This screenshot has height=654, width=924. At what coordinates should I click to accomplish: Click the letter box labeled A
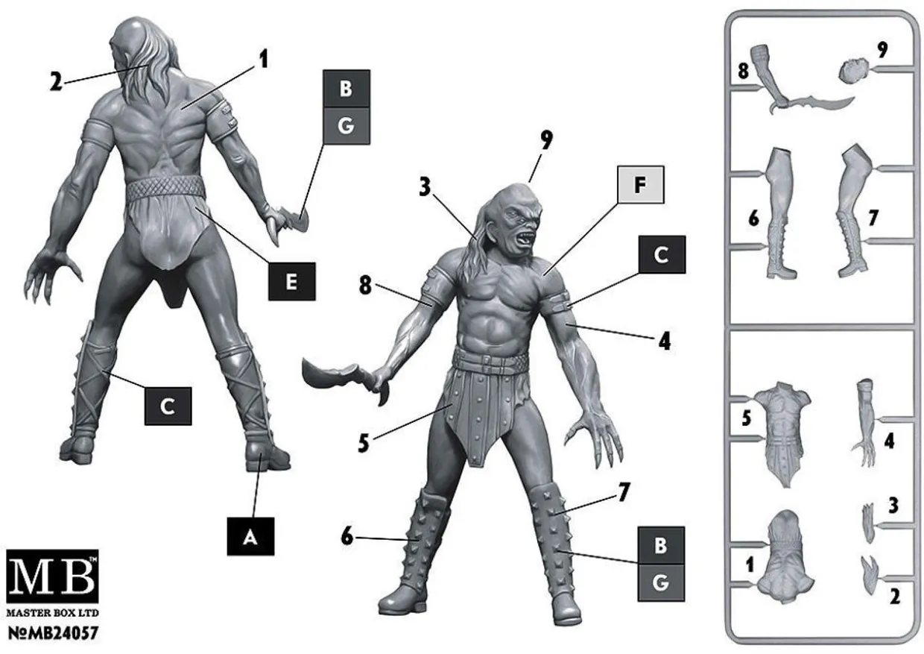(250, 536)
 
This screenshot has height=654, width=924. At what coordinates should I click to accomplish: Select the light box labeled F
(640, 184)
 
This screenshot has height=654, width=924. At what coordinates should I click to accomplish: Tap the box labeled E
(291, 282)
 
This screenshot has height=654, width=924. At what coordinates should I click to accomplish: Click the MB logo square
(52, 576)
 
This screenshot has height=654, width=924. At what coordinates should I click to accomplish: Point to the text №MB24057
(53, 633)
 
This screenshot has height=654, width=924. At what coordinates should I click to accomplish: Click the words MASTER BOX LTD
(52, 613)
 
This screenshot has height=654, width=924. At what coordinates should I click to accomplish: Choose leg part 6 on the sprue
(781, 213)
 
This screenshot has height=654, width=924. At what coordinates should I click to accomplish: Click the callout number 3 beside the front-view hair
(425, 187)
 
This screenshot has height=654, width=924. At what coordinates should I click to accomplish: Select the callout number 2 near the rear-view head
(56, 82)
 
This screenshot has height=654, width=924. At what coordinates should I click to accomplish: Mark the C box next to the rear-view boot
(168, 406)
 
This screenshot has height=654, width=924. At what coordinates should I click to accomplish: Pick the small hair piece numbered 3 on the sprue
(869, 523)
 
